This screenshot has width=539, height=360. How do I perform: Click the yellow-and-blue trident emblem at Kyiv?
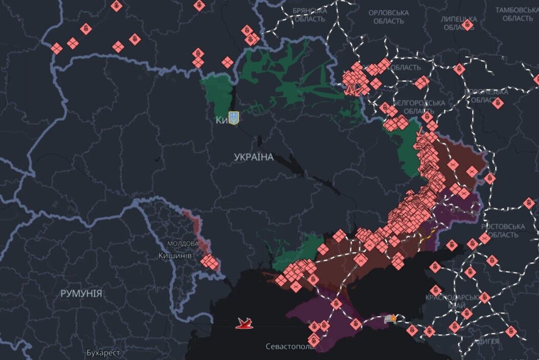[233, 118]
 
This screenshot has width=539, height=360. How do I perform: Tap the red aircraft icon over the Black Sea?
[244, 323]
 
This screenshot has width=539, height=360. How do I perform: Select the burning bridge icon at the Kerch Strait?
[392, 319]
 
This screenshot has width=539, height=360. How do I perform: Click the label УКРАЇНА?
[254, 157]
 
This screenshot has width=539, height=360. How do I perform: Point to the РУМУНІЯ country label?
[81, 294]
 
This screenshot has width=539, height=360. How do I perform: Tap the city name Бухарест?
[103, 353]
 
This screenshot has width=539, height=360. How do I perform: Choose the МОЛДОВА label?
[183, 243]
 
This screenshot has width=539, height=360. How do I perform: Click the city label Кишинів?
[175, 255]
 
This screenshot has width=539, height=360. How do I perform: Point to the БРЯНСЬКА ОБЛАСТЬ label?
[309, 15]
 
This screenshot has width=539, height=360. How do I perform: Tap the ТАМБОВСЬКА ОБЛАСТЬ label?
[517, 14]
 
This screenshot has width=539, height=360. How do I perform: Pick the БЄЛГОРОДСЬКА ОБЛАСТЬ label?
[422, 106]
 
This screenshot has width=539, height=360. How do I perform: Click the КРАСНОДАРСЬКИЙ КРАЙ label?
[444, 301]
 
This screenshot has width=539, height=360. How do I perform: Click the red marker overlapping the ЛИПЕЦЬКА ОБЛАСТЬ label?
[467, 25]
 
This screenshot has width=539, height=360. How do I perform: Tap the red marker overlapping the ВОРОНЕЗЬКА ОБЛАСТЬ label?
[498, 102]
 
